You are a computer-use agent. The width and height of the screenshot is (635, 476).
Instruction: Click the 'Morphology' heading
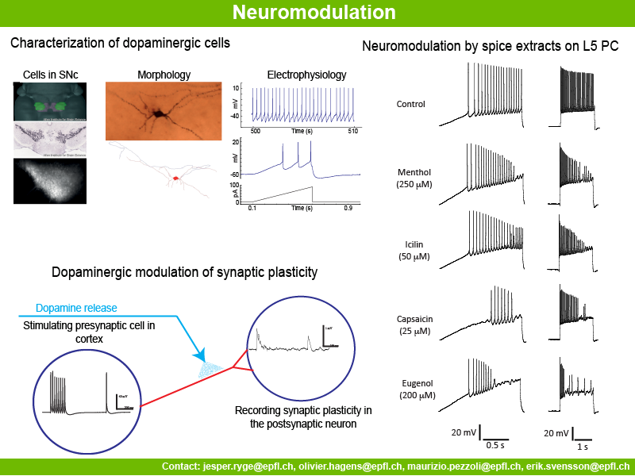(164, 75)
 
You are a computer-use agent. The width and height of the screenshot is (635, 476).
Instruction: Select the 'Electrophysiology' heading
(306, 75)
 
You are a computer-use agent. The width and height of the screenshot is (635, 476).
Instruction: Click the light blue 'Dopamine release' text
(76, 308)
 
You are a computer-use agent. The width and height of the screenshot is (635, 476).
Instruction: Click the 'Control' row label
(410, 104)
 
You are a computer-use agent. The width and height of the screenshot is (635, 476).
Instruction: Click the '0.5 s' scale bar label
(497, 445)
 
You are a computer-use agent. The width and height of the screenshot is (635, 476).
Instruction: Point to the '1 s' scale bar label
(583, 447)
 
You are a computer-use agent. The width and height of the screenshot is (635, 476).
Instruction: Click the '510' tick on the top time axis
(352, 129)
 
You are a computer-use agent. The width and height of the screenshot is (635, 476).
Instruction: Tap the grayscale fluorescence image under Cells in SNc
(49, 181)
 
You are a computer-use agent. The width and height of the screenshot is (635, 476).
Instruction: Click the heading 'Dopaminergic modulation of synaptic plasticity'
(184, 272)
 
